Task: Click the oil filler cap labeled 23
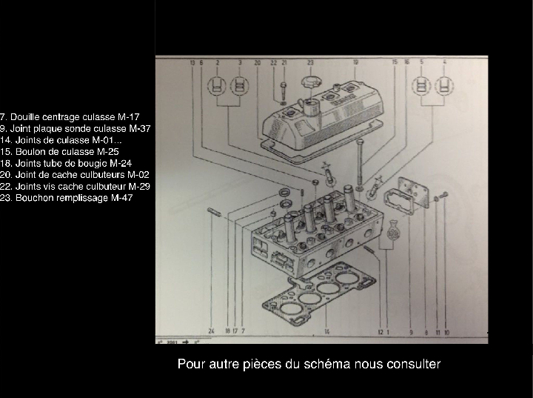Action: click(310, 81)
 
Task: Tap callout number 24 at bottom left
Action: click(211, 331)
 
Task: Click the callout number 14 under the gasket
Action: click(326, 331)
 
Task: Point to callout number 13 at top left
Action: click(192, 64)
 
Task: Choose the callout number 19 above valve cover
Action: click(355, 64)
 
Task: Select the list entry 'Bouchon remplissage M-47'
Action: click(67, 198)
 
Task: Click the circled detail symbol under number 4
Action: click(444, 85)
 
